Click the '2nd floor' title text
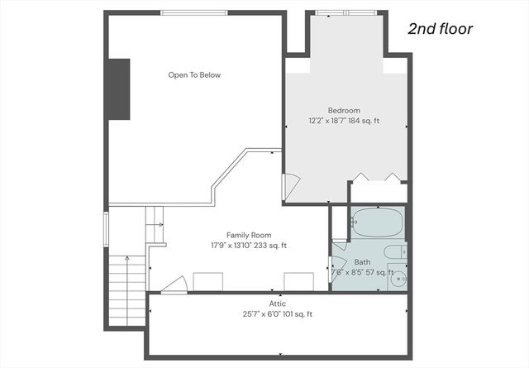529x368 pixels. click(x=440, y=29)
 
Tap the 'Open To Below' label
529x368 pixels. click(x=194, y=75)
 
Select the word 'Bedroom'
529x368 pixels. click(x=344, y=110)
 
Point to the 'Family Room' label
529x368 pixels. click(x=249, y=235)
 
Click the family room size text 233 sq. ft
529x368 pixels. click(x=269, y=245)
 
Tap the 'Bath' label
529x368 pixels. click(x=363, y=262)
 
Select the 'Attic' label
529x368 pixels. click(x=278, y=304)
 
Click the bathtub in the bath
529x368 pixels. click(x=376, y=222)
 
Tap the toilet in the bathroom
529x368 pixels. click(x=393, y=251)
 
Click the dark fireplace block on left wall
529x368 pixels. click(x=118, y=89)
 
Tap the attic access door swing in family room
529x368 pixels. click(x=173, y=285)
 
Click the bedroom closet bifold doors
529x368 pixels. click(x=376, y=177)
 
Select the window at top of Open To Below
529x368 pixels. click(x=193, y=12)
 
